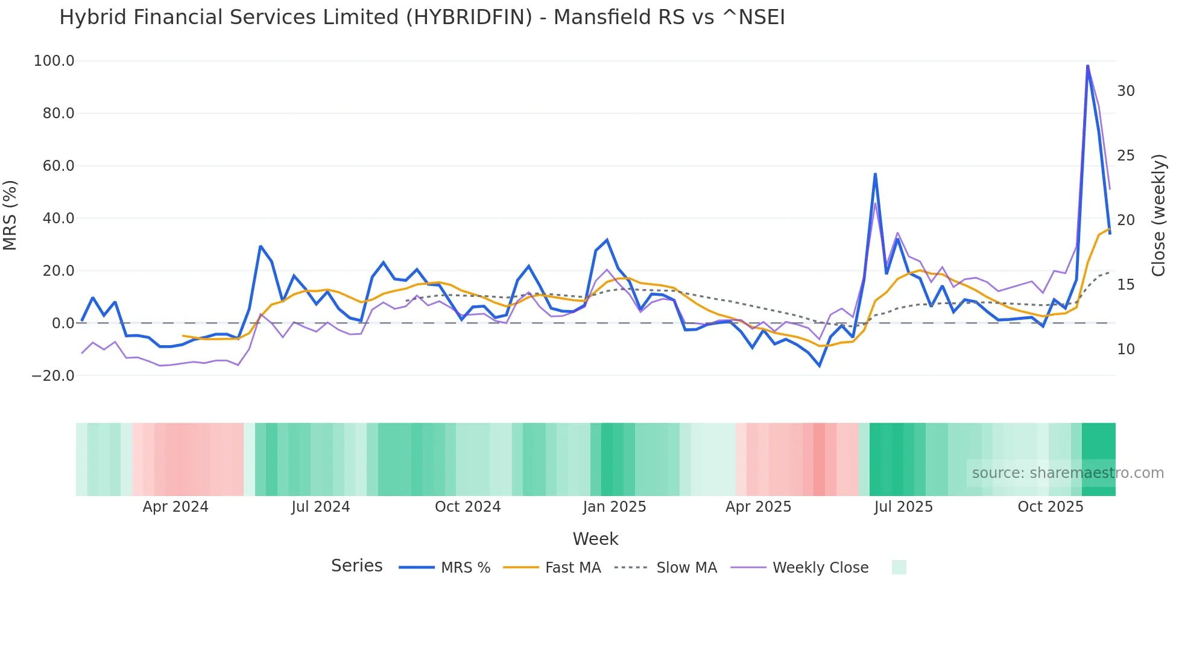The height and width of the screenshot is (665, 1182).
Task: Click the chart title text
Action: coord(422,17)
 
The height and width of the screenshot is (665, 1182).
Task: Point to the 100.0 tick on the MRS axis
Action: coord(54,61)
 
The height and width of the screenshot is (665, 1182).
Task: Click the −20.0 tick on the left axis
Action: coord(53,376)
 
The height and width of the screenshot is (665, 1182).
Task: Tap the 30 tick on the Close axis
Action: coord(1125,91)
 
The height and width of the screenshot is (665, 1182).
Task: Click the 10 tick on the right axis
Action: coord(1125,349)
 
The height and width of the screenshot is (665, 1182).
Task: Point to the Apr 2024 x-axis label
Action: coord(175,507)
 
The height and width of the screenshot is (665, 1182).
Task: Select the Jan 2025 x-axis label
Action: coord(614,507)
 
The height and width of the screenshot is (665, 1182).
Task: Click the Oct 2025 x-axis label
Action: coord(1050,507)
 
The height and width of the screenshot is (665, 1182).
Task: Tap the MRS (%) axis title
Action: coord(10,215)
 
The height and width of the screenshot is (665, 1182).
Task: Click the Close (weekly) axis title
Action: coord(1158,215)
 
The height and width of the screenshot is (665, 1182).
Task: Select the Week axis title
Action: coord(595,539)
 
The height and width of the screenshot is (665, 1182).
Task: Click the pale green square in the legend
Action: coord(899,567)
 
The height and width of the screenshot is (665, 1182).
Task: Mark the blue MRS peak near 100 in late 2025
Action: coord(1087,66)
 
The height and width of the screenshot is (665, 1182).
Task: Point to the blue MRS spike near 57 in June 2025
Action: coord(875,174)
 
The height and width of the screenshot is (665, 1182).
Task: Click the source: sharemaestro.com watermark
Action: coord(1067,473)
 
